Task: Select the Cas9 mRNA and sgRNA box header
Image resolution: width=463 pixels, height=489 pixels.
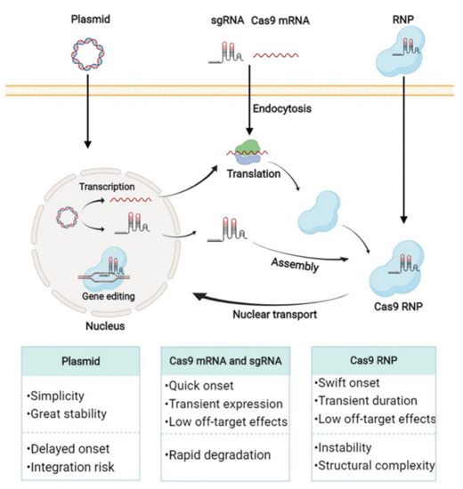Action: click(x=230, y=360)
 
